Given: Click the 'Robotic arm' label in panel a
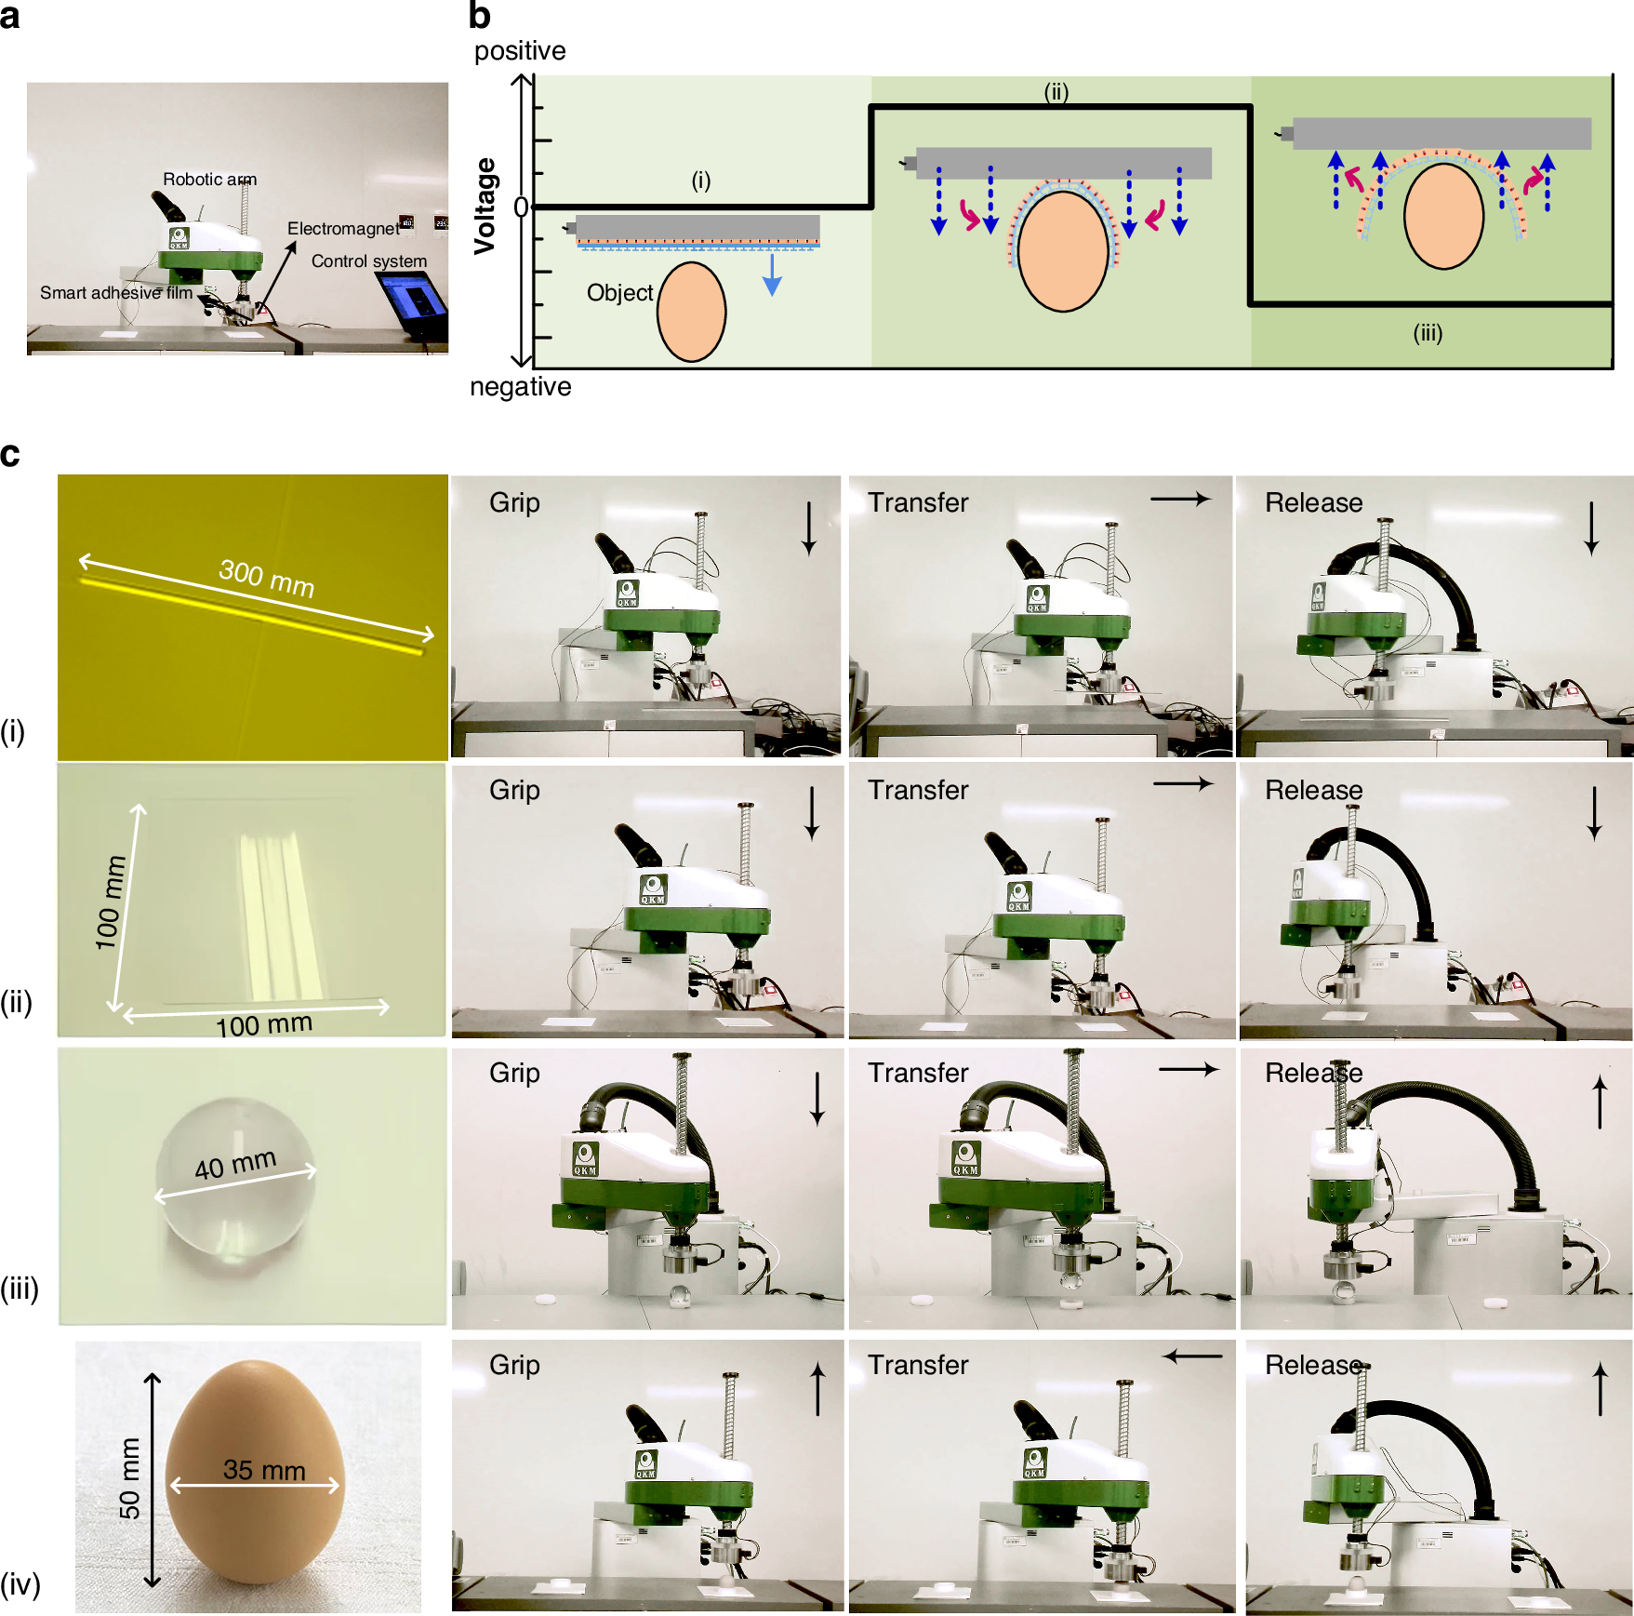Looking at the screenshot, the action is tap(210, 179).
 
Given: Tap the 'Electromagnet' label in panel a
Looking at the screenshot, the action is tap(343, 228).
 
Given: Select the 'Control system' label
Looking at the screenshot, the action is tap(369, 261).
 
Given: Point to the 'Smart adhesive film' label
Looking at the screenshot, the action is tap(116, 293).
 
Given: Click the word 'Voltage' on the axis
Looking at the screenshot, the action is tap(485, 206).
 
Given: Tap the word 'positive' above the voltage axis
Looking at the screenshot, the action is tap(520, 51).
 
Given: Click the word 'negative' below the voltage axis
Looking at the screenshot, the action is tap(521, 386).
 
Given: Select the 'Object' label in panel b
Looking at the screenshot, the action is tap(620, 293).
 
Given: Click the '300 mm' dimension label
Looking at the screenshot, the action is tap(267, 578).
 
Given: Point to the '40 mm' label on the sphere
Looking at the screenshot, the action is tap(235, 1163).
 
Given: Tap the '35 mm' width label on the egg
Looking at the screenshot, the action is tap(264, 1470).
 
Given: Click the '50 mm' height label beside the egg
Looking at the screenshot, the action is tap(129, 1478).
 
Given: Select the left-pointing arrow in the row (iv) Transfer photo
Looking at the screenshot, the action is tap(1193, 1356).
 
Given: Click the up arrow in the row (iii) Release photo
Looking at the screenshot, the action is tap(1600, 1102).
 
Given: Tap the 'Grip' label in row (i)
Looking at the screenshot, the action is tap(514, 503).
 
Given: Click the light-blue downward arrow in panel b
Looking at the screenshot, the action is tap(772, 274).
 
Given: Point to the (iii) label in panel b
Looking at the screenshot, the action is tap(1428, 333).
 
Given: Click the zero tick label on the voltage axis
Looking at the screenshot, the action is tap(521, 207).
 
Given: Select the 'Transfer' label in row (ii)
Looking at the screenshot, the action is tap(918, 790).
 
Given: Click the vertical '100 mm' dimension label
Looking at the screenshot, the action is tap(111, 902).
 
